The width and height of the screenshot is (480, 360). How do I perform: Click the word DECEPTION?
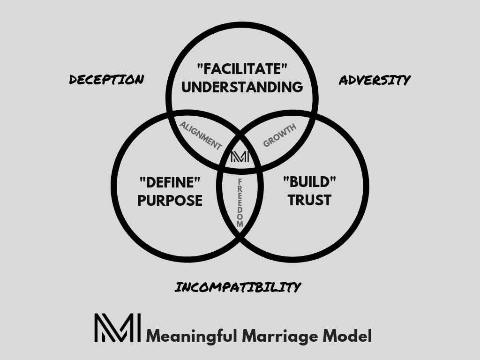[x=106, y=80]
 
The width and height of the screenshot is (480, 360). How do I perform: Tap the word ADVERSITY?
[x=375, y=80]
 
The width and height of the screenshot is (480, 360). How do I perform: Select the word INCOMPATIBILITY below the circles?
[x=238, y=287]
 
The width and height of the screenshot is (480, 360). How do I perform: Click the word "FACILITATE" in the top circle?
[x=242, y=69]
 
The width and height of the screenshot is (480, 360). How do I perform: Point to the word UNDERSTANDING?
[x=242, y=87]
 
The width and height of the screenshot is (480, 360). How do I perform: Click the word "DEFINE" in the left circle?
[x=170, y=181]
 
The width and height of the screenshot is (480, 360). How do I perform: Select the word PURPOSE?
[x=170, y=200]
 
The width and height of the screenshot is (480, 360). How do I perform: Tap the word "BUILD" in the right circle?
[x=309, y=181]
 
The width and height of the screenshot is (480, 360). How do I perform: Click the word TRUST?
[x=309, y=200]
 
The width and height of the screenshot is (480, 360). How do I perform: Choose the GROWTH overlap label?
[x=280, y=135]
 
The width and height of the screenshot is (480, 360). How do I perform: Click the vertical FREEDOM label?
[x=240, y=202]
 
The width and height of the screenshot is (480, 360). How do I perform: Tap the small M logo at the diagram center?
[x=240, y=157]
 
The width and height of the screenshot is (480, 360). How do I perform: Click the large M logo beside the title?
[x=117, y=328]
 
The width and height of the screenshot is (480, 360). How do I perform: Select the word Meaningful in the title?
[x=193, y=336]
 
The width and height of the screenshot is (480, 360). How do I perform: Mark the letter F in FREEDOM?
[x=240, y=181]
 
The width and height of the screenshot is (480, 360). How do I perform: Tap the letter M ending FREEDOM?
[x=240, y=224]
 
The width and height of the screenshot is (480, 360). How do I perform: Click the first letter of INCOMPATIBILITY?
[x=178, y=287]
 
